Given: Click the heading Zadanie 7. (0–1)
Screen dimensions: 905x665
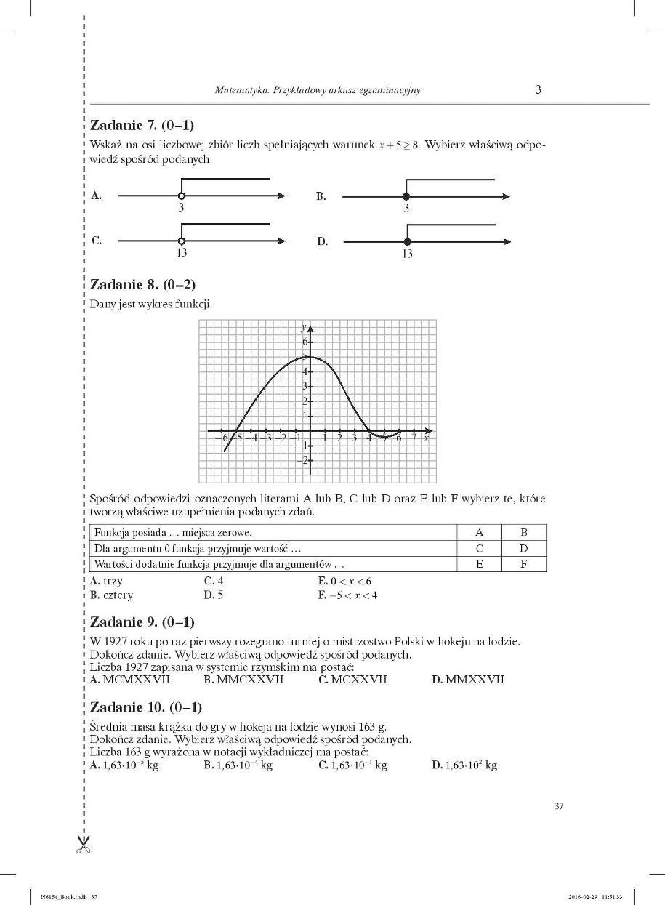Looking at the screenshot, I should [x=142, y=124].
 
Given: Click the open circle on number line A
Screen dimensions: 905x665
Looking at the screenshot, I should [x=181, y=196].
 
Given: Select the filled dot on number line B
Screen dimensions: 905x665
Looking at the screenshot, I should [x=406, y=196].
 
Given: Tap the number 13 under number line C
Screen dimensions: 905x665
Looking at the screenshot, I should [x=181, y=253].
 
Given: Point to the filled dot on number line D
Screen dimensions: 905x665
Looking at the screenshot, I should [x=407, y=241].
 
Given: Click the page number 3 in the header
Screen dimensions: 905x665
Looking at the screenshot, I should [x=538, y=90].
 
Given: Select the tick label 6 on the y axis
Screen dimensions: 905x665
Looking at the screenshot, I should [x=305, y=341].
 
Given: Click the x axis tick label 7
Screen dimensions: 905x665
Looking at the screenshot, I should [x=414, y=438].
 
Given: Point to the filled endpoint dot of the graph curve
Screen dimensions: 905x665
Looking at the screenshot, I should [x=399, y=431].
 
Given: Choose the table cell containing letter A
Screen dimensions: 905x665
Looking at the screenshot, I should [x=479, y=532].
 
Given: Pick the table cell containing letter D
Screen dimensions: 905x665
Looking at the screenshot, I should [x=523, y=548].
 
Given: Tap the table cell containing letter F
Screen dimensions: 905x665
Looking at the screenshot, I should [x=523, y=564].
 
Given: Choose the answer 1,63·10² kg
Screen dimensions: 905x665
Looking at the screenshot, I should [x=464, y=765].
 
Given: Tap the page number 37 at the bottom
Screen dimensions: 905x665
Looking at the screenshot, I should [x=559, y=805].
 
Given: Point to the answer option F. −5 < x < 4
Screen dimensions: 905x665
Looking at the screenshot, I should [x=347, y=595].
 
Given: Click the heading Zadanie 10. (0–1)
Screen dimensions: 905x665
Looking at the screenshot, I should [x=145, y=707].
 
